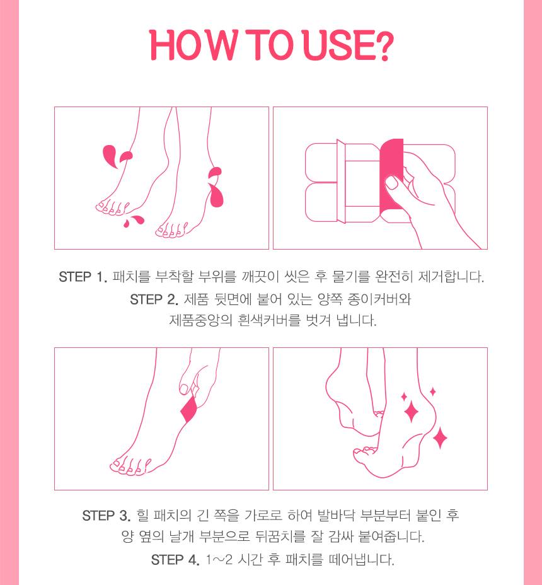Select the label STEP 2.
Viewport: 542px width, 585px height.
(x=154, y=299)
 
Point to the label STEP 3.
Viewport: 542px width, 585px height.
(x=107, y=516)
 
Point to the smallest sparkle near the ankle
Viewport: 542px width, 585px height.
(x=432, y=391)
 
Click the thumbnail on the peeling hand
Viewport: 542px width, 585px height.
(x=392, y=183)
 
